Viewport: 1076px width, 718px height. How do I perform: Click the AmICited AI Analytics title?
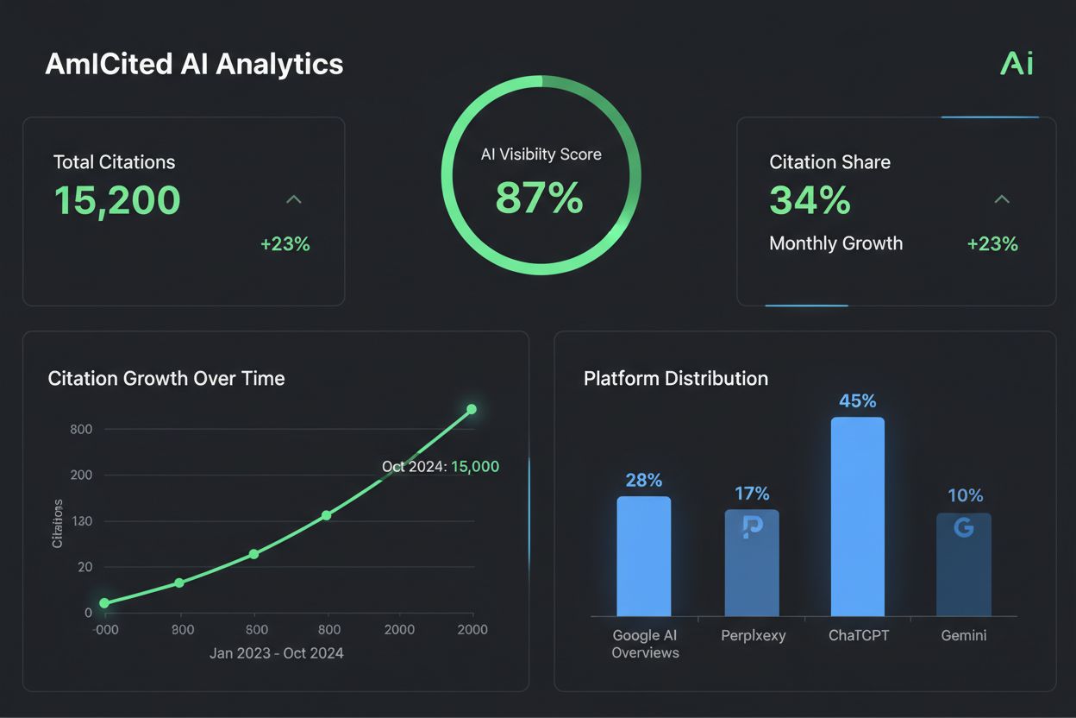[x=194, y=64]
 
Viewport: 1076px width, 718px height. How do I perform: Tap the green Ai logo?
[x=1016, y=64]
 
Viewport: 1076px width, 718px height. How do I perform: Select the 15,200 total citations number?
[x=117, y=200]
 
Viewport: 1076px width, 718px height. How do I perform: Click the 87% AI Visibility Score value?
[x=540, y=197]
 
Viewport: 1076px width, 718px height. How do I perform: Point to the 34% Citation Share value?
[x=810, y=200]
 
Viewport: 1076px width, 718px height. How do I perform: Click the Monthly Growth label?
[x=835, y=243]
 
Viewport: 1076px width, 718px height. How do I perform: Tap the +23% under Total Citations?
[x=285, y=244]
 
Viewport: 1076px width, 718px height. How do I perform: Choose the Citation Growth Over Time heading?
[x=166, y=378]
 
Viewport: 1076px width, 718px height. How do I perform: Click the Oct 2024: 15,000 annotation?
[x=440, y=466]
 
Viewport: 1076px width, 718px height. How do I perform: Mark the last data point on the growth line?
[x=472, y=409]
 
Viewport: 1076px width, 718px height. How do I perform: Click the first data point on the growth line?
[x=104, y=603]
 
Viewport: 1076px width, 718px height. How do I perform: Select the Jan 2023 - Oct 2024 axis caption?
[x=276, y=653]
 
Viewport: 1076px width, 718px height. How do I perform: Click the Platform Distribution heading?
[x=675, y=378]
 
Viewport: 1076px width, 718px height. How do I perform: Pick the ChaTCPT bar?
[x=857, y=516]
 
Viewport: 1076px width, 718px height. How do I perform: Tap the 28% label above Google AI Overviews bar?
[x=643, y=480]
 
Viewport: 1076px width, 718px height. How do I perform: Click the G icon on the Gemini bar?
[x=964, y=527]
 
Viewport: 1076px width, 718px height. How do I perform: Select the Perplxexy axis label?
[x=751, y=635]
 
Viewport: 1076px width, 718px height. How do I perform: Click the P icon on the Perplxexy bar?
[x=752, y=527]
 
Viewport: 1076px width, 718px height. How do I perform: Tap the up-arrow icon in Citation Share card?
[x=1001, y=199]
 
